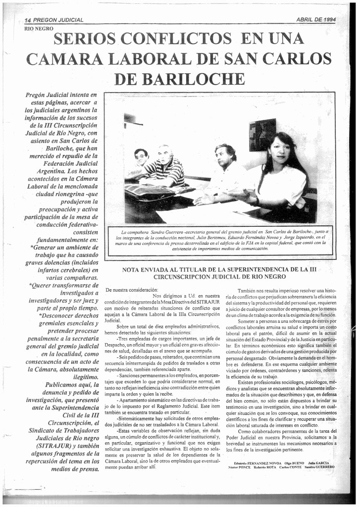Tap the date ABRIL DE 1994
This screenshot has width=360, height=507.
click(x=316, y=19)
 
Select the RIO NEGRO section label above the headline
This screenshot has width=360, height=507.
click(x=39, y=29)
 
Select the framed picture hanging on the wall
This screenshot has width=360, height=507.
click(x=262, y=135)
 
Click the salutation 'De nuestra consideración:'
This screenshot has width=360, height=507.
click(x=132, y=289)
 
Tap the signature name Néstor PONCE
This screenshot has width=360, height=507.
click(x=239, y=467)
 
